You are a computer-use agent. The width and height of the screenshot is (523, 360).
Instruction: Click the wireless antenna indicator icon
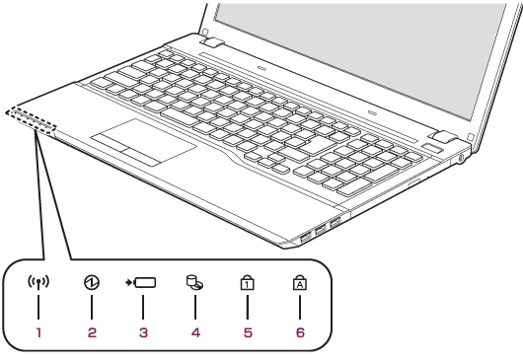pyautogui.click(x=38, y=283)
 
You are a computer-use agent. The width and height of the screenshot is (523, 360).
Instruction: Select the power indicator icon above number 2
pyautogui.click(x=92, y=282)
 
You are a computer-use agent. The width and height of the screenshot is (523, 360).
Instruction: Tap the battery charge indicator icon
pyautogui.click(x=140, y=283)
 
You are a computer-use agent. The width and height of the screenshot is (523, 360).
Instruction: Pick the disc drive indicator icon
pyautogui.click(x=194, y=282)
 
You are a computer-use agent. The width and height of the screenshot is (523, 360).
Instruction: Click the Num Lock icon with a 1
pyautogui.click(x=247, y=282)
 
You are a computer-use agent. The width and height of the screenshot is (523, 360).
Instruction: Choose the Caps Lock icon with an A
pyautogui.click(x=300, y=282)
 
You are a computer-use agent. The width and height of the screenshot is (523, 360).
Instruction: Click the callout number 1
pyautogui.click(x=38, y=332)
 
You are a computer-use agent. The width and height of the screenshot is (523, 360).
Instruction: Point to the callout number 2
pyautogui.click(x=92, y=332)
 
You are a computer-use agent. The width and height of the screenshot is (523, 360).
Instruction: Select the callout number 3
pyautogui.click(x=143, y=332)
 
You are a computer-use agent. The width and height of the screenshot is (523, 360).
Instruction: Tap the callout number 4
pyautogui.click(x=195, y=332)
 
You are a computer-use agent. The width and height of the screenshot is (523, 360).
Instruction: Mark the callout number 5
pyautogui.click(x=248, y=332)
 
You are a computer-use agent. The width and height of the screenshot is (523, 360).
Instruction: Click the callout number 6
pyautogui.click(x=300, y=332)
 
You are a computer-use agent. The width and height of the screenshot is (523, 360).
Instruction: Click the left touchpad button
pyautogui.click(x=111, y=143)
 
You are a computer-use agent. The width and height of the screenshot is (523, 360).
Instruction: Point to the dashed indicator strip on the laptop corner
pyautogui.click(x=31, y=121)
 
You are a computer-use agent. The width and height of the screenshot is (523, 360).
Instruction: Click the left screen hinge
pyautogui.click(x=212, y=42)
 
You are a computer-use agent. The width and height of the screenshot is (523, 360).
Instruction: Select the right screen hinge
pyautogui.click(x=444, y=137)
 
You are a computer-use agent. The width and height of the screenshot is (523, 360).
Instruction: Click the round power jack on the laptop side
pyautogui.click(x=461, y=159)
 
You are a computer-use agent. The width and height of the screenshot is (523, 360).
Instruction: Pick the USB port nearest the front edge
pyautogui.click(x=305, y=238)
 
